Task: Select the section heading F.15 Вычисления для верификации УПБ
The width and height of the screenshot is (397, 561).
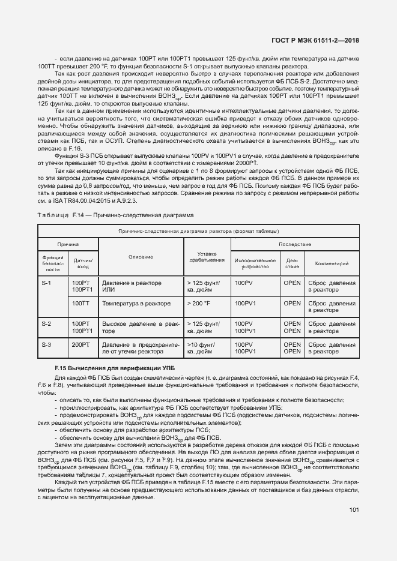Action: point(106,367)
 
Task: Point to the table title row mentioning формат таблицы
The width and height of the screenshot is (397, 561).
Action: point(198,231)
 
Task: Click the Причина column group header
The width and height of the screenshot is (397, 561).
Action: point(68,244)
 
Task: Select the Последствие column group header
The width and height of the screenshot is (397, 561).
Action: point(294,244)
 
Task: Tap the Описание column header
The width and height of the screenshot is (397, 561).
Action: point(140,257)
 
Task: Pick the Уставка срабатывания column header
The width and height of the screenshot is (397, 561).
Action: point(206,257)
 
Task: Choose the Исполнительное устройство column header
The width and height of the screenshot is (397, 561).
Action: point(255,263)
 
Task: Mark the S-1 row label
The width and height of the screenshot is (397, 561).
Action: point(46,283)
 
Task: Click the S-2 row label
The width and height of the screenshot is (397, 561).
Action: point(46,324)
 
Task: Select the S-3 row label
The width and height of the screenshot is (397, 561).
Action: point(46,345)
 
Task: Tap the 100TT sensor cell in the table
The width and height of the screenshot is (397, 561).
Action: point(80,304)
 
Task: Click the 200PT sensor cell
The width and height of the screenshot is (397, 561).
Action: point(80,345)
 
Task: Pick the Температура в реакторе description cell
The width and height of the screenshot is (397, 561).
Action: point(136,304)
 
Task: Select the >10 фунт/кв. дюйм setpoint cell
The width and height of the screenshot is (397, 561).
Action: point(204,349)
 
